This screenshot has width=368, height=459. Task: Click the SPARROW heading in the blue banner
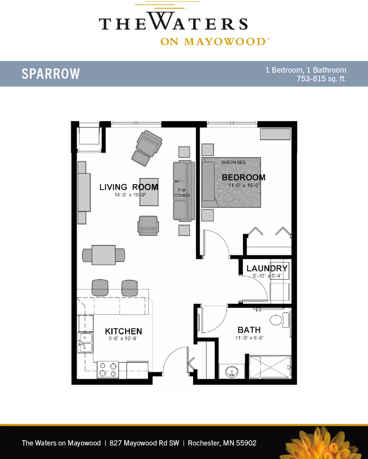tap(51, 73)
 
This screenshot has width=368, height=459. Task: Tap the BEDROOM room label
tap(244, 177)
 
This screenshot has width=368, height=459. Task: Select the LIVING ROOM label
tap(129, 187)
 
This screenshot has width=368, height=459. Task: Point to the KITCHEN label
tap(124, 331)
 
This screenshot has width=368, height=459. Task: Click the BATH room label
tap(249, 330)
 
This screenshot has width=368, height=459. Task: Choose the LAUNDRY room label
tap(267, 268)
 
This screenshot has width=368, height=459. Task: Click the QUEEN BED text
tap(233, 162)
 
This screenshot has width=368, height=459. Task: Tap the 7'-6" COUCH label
tap(182, 193)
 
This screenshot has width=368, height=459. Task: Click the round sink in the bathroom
tap(231, 372)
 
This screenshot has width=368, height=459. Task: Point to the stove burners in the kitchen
tap(108, 369)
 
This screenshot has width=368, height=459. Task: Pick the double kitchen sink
tap(86, 342)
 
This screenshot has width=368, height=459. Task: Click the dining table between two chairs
tap(103, 255)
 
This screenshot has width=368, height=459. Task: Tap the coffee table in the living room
tap(149, 192)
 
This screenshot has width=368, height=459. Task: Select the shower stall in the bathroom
tap(270, 367)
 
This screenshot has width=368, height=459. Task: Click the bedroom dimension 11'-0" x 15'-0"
tap(244, 185)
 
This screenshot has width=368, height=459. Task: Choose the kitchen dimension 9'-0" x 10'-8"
tap(123, 339)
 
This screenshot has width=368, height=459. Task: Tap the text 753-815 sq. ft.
tap(322, 79)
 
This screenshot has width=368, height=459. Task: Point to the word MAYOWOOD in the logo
tap(225, 42)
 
